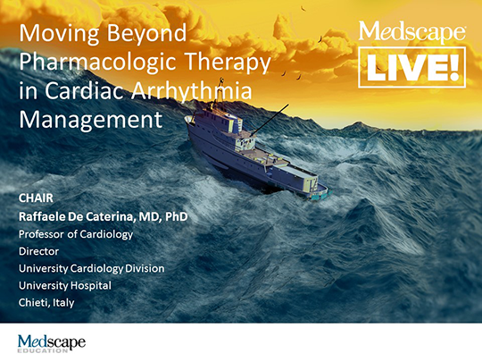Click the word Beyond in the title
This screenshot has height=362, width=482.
[146, 34]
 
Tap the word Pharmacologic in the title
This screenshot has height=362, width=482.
[98, 63]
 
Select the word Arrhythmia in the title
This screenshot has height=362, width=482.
[192, 92]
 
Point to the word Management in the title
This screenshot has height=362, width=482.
[91, 120]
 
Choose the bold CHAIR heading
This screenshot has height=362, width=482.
[36, 198]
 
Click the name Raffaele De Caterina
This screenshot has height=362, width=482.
[76, 216]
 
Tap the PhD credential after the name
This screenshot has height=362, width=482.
[177, 216]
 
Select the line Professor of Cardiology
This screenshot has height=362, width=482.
[76, 234]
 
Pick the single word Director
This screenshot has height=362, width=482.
[38, 251]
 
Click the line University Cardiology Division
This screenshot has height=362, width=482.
[92, 269]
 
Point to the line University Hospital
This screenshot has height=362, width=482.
[65, 286]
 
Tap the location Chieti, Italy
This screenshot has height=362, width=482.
[46, 303]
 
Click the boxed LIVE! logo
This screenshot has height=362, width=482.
[411, 67]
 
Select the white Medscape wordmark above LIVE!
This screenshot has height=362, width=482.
[411, 31]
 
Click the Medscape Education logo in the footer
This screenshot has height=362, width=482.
[52, 343]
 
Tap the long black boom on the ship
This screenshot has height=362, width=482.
[270, 120]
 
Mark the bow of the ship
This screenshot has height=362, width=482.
[188, 121]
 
